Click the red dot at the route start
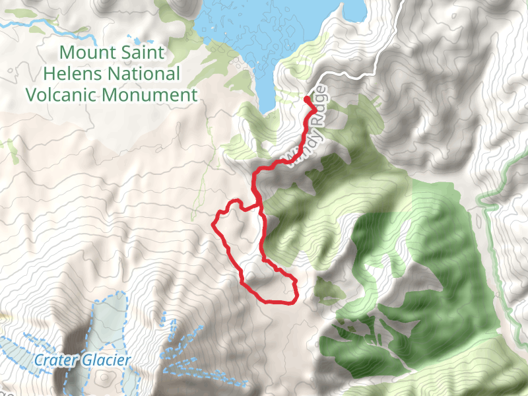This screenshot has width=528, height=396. [307, 100]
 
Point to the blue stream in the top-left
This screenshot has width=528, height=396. [33, 24]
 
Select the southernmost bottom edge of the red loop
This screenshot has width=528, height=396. [277, 302]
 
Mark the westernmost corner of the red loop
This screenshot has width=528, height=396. [213, 222]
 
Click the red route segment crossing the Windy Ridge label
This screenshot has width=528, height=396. [299, 142]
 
